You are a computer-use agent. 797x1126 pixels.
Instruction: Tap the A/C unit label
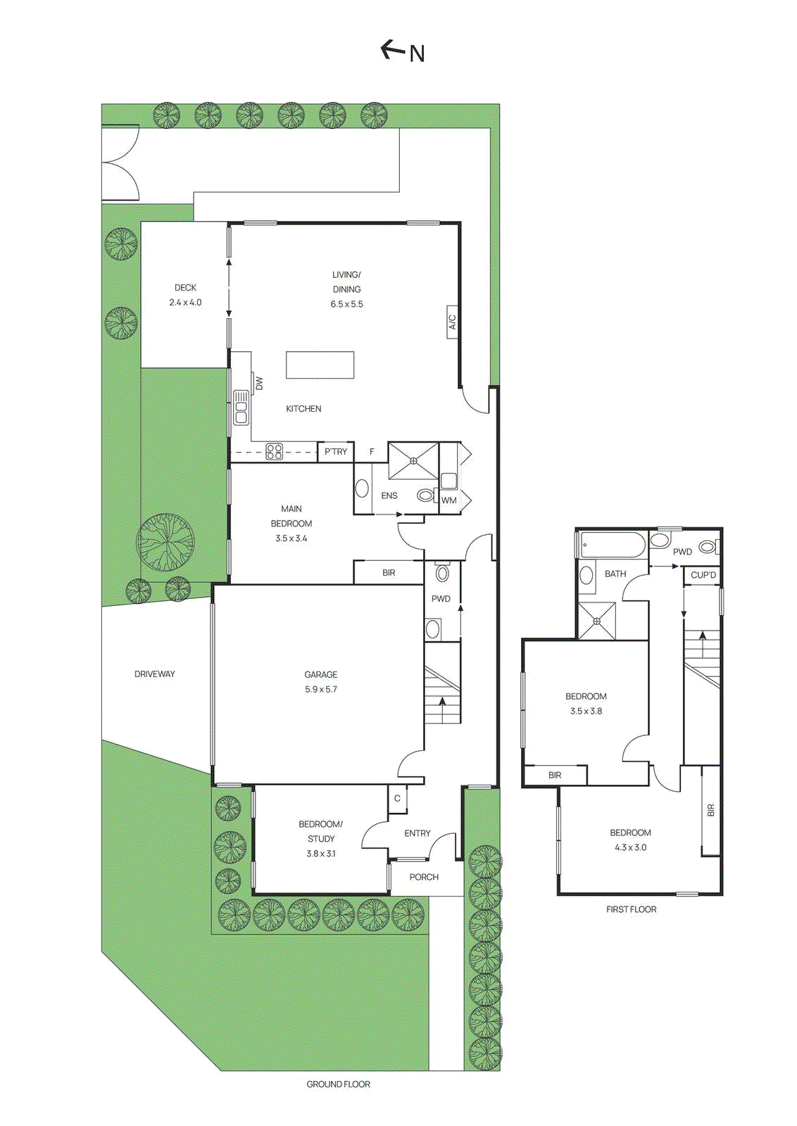(x=453, y=322)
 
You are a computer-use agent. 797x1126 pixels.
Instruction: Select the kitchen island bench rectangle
(x=320, y=365)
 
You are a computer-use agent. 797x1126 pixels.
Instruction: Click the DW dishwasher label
(x=259, y=384)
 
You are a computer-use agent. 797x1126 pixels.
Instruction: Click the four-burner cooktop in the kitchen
(x=275, y=451)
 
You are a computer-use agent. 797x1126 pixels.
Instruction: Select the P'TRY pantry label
(x=336, y=452)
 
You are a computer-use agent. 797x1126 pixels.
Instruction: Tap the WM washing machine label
(x=449, y=500)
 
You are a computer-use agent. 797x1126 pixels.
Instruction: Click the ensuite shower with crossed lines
(x=413, y=461)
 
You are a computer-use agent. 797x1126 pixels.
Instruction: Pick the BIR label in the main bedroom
(x=389, y=573)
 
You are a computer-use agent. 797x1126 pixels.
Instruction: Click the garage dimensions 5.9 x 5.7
(x=321, y=690)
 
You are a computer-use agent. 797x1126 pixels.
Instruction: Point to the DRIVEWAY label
(x=155, y=674)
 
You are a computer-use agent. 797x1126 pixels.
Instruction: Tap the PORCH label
(x=424, y=877)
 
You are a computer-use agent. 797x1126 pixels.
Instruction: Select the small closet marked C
(x=397, y=798)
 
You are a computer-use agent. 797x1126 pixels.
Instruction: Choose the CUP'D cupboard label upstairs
(x=703, y=575)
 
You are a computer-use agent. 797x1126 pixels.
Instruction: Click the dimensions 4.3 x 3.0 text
(x=631, y=847)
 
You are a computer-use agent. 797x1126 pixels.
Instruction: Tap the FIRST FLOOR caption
(x=631, y=909)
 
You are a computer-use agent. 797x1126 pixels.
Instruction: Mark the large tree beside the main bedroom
(x=166, y=542)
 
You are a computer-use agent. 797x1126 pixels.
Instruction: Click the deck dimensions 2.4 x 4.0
(x=185, y=303)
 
